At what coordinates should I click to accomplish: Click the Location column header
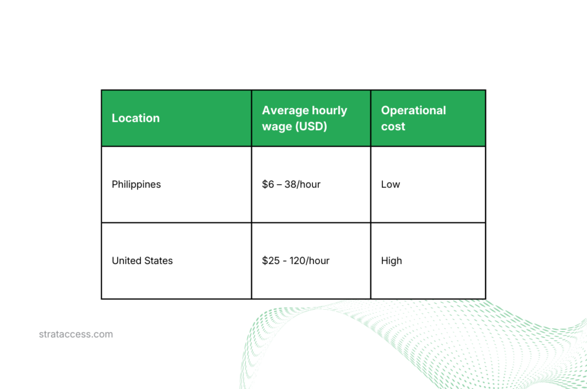[136, 118]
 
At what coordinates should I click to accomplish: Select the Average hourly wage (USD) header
[304, 118]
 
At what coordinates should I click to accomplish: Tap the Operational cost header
[413, 118]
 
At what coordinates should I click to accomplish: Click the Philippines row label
[136, 185]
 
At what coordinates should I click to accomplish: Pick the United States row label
[142, 261]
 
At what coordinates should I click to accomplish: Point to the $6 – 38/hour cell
[291, 185]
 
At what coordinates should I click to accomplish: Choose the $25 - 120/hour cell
[296, 261]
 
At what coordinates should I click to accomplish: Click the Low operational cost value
[390, 185]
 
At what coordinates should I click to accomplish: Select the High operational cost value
[392, 261]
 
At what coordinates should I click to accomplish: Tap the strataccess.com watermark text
[76, 334]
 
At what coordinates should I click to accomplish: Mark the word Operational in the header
[413, 110]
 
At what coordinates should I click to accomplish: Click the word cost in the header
[393, 126]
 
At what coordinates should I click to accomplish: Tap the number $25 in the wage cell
[271, 261]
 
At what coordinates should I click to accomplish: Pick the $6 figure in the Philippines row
[268, 185]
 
